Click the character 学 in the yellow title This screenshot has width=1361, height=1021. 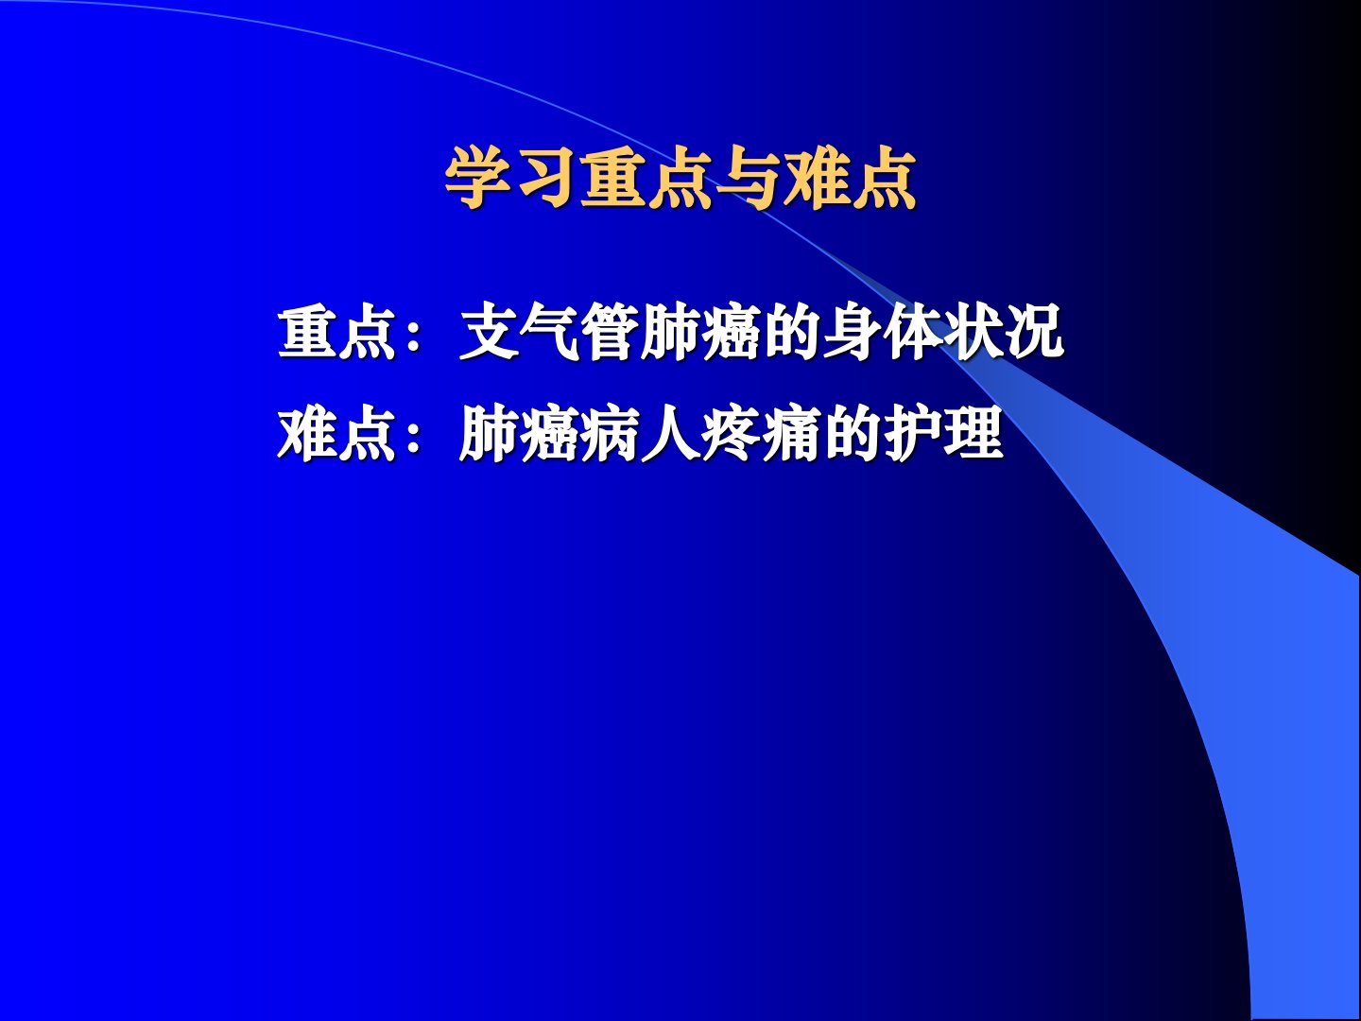coord(476,178)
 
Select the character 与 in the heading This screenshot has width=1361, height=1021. coord(748,178)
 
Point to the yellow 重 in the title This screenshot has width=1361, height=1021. coord(612,178)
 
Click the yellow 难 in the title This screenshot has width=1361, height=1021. coord(815,178)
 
